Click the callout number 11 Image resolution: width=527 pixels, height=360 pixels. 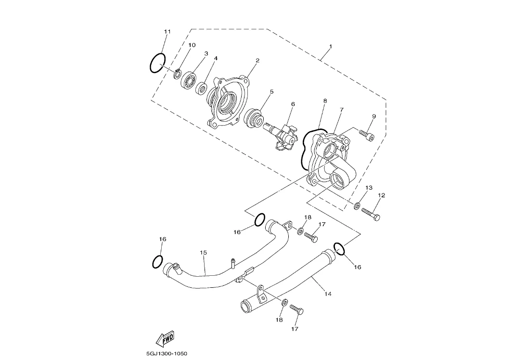point(167,32)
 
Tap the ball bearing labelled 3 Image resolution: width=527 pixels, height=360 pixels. point(189,80)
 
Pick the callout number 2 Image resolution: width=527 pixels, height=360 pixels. point(257,61)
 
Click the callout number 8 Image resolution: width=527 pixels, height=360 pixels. point(325,101)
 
